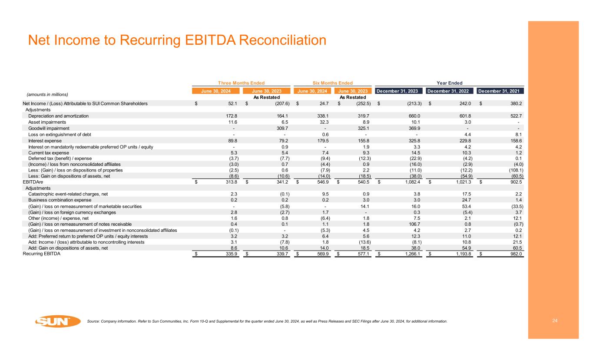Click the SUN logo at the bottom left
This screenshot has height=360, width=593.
pyautogui.click(x=58, y=322)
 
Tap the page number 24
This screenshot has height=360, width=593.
pyautogui.click(x=554, y=321)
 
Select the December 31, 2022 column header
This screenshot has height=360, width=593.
pyautogui.click(x=450, y=91)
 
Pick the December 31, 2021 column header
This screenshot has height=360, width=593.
pyautogui.click(x=500, y=91)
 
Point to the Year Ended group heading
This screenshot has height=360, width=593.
pyautogui.click(x=450, y=83)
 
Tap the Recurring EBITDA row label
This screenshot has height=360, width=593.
pyautogui.click(x=41, y=254)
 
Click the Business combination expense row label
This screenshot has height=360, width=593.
pyautogui.click(x=60, y=200)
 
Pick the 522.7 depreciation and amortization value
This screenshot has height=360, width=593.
pyautogui.click(x=516, y=116)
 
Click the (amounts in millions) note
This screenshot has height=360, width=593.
pyautogui.click(x=45, y=94)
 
